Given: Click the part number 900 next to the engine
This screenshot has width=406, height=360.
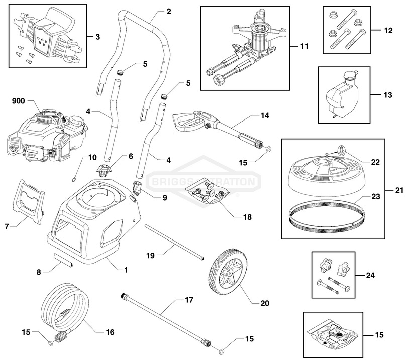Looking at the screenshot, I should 18,101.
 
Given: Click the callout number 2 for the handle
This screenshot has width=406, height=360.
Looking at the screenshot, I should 168,11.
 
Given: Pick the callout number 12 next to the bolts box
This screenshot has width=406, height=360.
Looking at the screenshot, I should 388,31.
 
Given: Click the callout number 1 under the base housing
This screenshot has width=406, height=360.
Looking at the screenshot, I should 126,270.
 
